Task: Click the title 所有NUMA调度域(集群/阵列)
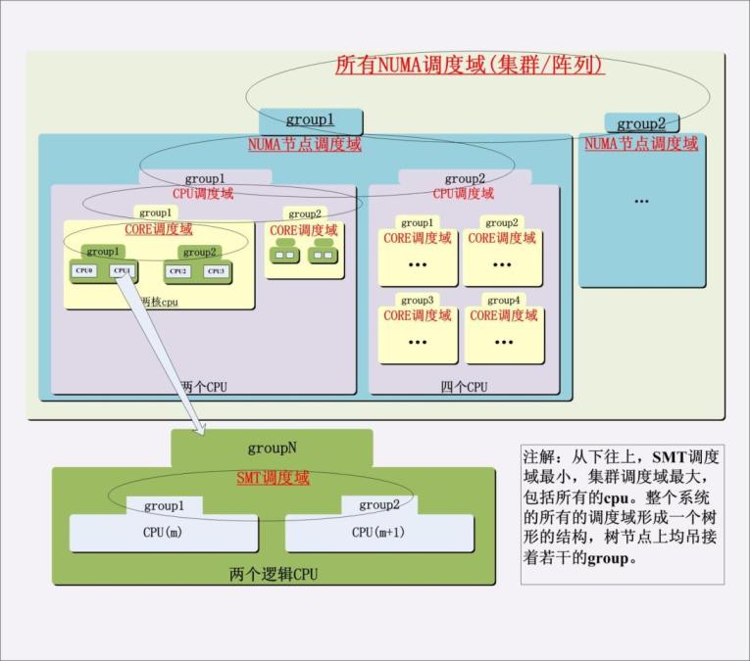coord(470,66)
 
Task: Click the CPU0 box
coord(83,270)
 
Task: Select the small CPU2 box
coord(177,270)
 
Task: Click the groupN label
coord(272,449)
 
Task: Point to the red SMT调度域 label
coord(273,478)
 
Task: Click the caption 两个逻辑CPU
coord(273,574)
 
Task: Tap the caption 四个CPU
coord(464,387)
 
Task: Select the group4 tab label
coord(503,300)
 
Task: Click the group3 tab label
coord(417,300)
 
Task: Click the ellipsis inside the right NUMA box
coord(641,202)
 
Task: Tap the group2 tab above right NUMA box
coord(641,123)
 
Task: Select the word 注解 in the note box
coord(538,456)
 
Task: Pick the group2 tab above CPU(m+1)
coord(378,505)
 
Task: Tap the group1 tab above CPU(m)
coord(164,505)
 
